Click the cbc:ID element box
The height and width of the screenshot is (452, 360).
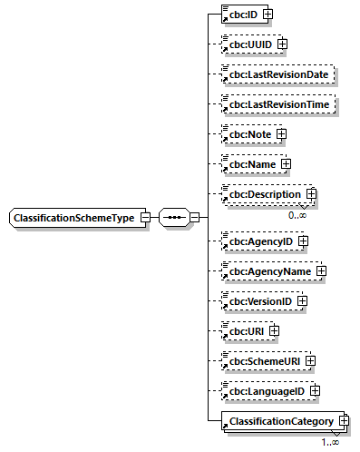click(242, 15)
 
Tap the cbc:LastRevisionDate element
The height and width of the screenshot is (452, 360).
click(278, 74)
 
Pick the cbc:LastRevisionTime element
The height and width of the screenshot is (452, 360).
click(278, 104)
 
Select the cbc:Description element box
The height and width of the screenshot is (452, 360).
click(264, 194)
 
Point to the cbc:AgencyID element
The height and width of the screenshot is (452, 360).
click(259, 241)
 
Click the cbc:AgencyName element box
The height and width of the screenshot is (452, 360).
click(268, 271)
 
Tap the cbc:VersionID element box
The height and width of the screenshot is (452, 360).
click(259, 301)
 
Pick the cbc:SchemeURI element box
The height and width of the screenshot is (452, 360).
click(263, 361)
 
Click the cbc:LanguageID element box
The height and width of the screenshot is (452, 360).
click(266, 391)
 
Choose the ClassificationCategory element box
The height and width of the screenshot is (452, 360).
click(281, 421)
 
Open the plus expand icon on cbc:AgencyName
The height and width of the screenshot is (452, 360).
click(321, 271)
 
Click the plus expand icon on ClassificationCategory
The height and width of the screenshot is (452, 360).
click(344, 421)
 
